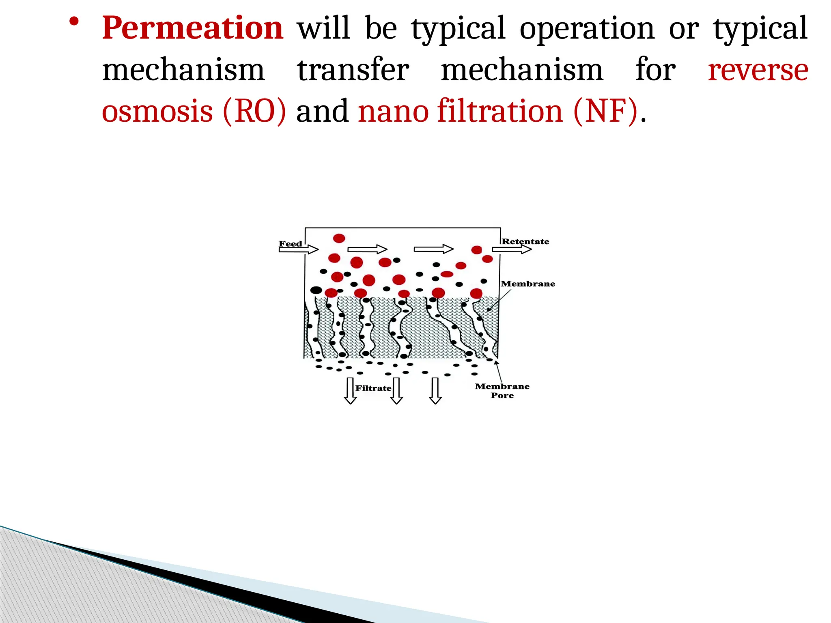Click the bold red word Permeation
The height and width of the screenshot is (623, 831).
point(192,28)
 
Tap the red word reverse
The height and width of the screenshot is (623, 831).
point(758,71)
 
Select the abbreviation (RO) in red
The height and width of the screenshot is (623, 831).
point(254,112)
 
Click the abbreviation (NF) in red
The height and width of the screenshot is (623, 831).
point(605,112)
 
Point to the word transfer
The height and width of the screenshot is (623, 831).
point(353,71)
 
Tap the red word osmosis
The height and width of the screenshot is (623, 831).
point(157,112)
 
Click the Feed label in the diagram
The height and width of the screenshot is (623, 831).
point(290,243)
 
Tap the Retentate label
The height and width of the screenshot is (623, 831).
point(525,241)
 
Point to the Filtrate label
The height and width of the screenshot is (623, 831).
point(373,388)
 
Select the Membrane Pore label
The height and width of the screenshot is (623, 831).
point(502,391)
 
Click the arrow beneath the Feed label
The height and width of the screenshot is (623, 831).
point(298,249)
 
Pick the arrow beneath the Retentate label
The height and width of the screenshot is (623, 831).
point(512,249)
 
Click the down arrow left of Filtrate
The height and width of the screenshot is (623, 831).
point(350,391)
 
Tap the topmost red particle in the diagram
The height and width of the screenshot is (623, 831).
point(339,238)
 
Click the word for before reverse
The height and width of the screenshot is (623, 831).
point(655,71)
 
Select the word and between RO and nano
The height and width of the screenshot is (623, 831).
point(322,112)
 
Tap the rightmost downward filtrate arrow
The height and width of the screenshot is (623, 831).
point(435,391)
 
